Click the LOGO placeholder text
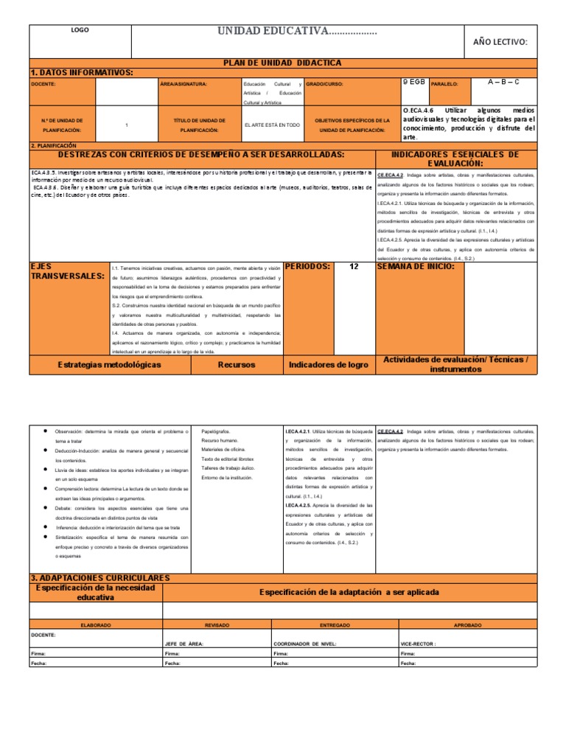click(x=79, y=30)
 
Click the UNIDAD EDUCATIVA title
click(x=297, y=31)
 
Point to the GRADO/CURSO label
click(x=324, y=84)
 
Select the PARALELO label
click(x=444, y=84)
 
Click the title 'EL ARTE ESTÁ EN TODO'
click(x=272, y=125)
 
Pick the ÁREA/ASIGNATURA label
click(x=184, y=84)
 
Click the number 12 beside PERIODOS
click(x=354, y=266)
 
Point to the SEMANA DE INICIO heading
click(x=416, y=266)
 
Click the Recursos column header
click(x=237, y=364)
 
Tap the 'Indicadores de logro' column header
click(x=329, y=364)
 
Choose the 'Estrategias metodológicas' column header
click(x=109, y=364)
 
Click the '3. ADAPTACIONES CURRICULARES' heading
click(x=100, y=577)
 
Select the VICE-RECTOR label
click(x=418, y=643)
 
